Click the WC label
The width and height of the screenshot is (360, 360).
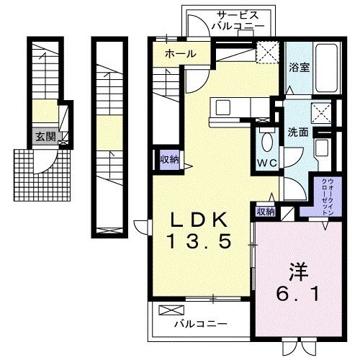[x=268, y=163]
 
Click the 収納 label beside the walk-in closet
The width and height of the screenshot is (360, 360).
[x=265, y=212]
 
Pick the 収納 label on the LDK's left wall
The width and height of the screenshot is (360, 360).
[x=170, y=159]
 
